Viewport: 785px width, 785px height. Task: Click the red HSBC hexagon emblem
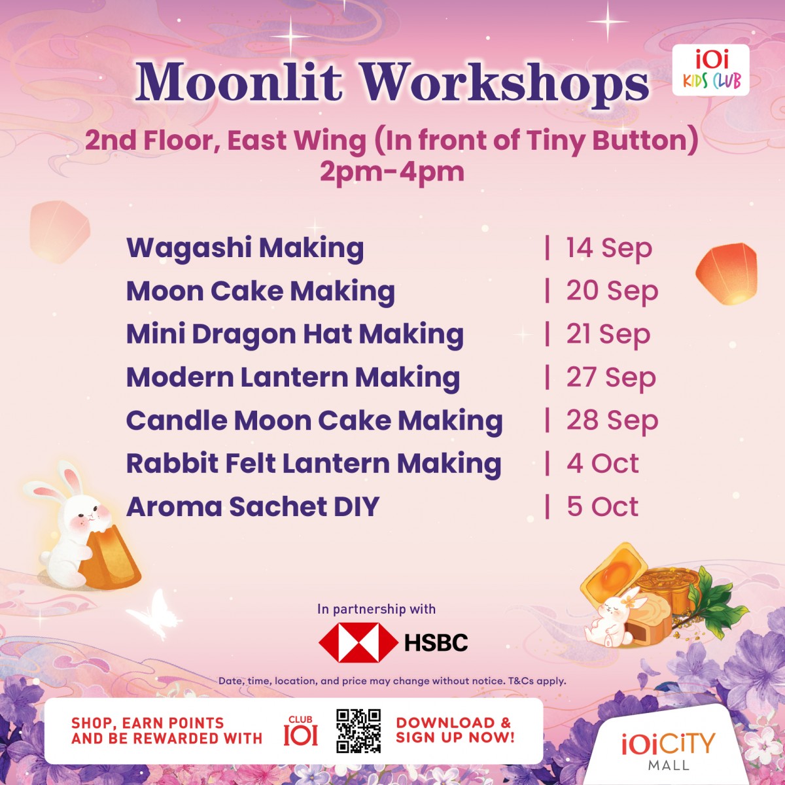358,642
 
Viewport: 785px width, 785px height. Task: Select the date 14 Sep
609,248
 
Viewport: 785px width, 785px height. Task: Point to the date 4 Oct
602,463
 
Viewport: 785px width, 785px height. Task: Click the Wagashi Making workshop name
245,248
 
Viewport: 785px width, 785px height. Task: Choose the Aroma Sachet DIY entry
253,506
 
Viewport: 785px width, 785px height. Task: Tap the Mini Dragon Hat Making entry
295,334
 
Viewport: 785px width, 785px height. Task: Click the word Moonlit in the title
239,82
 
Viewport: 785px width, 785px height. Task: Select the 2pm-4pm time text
392,172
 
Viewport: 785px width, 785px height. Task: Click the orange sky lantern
726,273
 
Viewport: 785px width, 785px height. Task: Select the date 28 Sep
612,421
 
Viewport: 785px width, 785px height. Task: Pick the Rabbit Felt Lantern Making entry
314,464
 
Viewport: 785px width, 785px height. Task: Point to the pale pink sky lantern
60,230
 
